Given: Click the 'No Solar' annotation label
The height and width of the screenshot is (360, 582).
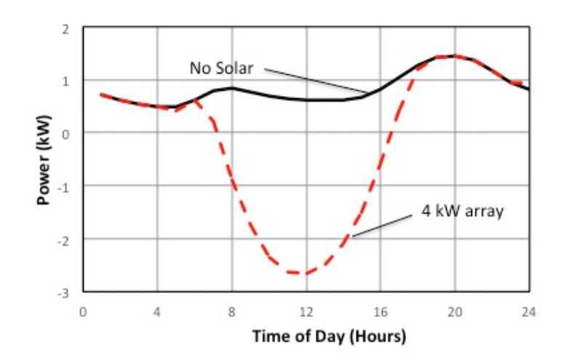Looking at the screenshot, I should point(221,68).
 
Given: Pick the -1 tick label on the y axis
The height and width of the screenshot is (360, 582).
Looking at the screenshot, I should point(64,186).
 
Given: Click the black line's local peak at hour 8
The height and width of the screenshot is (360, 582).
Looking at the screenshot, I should point(232,88).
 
